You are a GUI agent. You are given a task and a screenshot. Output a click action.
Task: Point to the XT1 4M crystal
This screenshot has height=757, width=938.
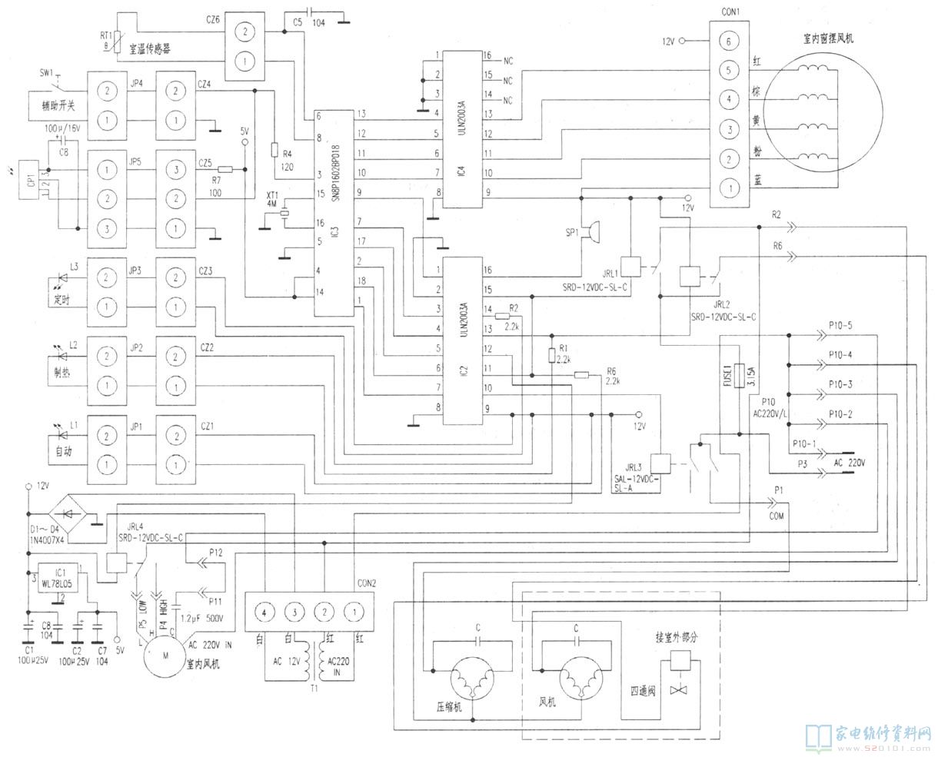click(x=284, y=215)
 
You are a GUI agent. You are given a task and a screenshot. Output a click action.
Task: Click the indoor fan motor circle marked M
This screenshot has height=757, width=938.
click(x=163, y=655)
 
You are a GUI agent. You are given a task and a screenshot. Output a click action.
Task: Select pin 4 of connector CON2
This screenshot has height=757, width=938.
click(x=264, y=613)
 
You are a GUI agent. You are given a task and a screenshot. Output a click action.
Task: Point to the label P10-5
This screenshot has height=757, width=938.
click(x=840, y=325)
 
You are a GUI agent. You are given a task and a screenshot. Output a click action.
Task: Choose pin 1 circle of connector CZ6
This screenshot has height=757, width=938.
click(x=244, y=61)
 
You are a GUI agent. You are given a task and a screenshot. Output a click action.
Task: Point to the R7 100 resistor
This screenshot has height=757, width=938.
click(x=225, y=169)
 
